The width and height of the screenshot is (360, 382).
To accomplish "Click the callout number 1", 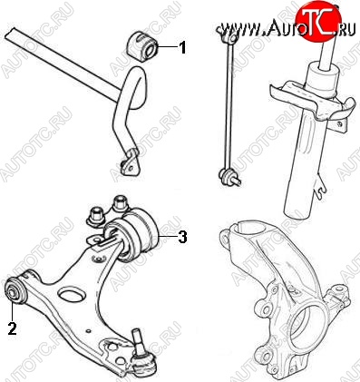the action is pos(182,47).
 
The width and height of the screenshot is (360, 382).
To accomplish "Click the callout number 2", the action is pos(12,328).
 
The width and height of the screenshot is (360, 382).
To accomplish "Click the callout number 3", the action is pos(182,237).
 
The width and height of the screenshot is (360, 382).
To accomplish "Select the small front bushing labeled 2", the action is pos(15,289).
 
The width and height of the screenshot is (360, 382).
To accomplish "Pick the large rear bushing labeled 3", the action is pos(132,235).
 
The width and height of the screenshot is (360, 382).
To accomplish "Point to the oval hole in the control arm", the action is pos(72,296).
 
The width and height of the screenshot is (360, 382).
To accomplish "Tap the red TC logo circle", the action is pos(316,21).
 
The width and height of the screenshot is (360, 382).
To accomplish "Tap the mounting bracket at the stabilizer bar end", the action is pos(130,162).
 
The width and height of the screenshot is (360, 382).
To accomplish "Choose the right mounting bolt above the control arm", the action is pos(120,204).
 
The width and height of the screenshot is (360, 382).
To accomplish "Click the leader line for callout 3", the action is pos(168,236).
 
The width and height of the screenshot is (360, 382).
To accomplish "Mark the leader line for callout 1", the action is pos(167,47).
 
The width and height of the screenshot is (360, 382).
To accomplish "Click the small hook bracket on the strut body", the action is pos(321,188).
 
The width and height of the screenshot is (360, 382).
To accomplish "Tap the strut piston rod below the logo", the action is pos(328,53).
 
